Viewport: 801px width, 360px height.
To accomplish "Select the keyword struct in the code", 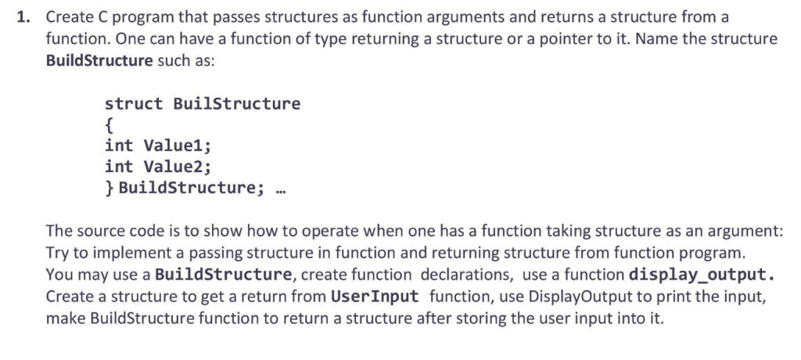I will (x=134, y=104).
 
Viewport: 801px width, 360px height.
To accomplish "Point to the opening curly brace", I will (x=110, y=124).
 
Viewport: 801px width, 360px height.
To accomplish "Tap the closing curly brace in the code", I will (x=110, y=187).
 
